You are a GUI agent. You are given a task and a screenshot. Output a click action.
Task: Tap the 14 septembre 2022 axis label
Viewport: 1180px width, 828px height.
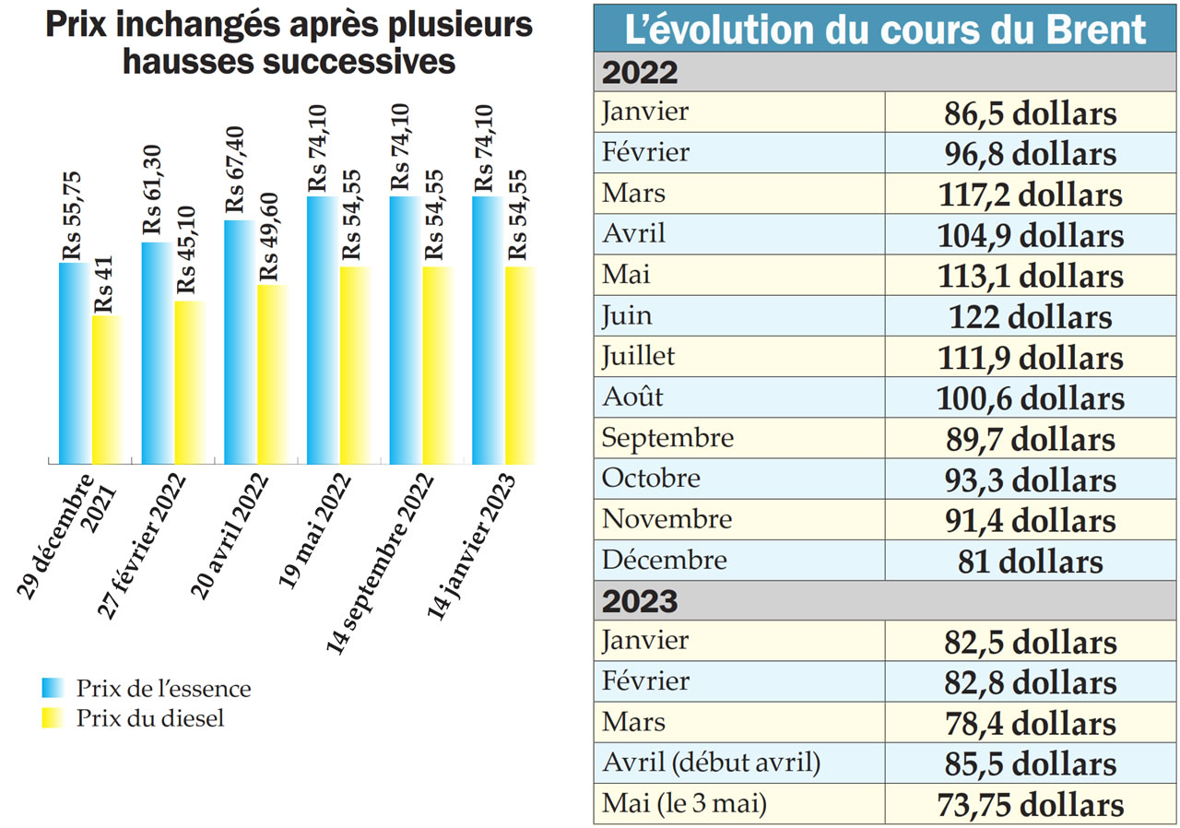coord(382,562)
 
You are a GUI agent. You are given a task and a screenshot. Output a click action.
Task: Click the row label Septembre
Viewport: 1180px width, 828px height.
coord(667,438)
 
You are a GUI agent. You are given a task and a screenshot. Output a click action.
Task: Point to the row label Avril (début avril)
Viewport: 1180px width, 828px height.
coord(711,763)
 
